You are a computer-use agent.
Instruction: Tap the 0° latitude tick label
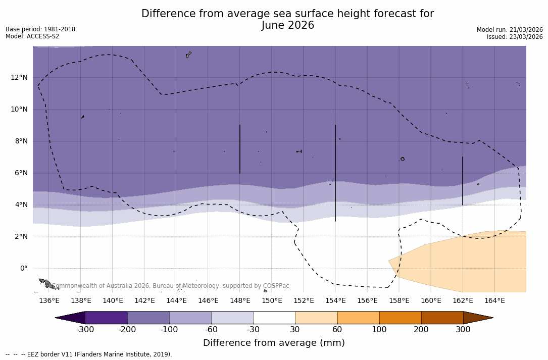pos(23,268)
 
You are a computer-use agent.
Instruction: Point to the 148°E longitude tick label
pos(240,300)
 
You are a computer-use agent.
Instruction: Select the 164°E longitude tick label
pos(494,300)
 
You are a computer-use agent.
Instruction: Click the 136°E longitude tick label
pos(49,300)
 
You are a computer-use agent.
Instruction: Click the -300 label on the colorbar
pos(85,330)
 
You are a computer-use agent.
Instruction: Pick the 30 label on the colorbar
pos(295,330)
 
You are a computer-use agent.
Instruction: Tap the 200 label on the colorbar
pos(421,330)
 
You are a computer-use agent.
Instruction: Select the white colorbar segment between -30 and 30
pos(274,318)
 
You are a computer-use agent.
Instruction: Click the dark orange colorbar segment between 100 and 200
pos(400,318)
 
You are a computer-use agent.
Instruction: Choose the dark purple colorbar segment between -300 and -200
pos(106,318)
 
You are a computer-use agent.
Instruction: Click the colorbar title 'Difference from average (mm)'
pos(274,343)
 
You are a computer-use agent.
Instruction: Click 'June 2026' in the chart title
pos(288,25)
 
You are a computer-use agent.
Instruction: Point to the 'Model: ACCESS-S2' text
pos(32,36)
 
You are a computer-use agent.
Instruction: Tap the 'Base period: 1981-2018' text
pos(40,29)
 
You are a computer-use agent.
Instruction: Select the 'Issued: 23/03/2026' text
pos(515,37)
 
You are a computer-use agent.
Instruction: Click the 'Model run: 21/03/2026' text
pos(510,30)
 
